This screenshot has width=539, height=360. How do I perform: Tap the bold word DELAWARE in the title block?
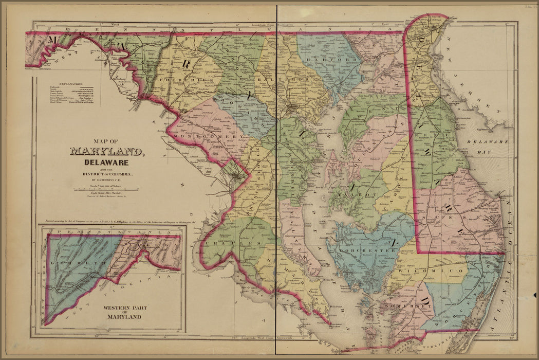click(x=106, y=162)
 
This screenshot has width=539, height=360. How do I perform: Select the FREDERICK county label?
click(x=179, y=81)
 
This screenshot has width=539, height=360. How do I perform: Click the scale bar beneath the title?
click(x=107, y=188)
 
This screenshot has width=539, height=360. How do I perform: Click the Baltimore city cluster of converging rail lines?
click(x=291, y=108)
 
